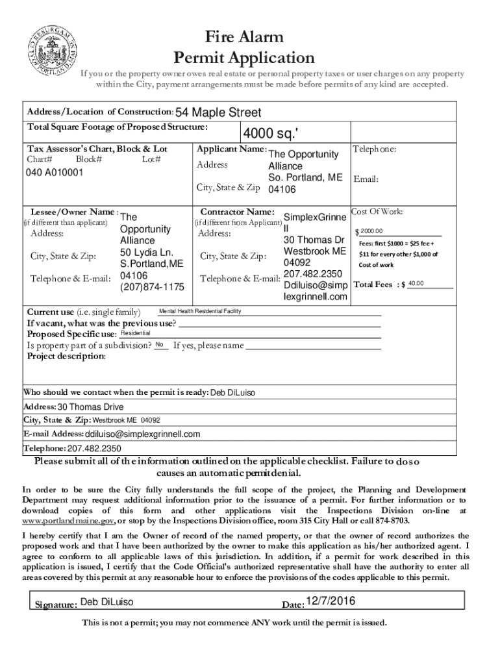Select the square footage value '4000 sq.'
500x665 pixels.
pyautogui.click(x=271, y=134)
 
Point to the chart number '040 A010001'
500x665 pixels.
pyautogui.click(x=55, y=173)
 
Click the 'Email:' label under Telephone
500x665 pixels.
pyautogui.click(x=366, y=180)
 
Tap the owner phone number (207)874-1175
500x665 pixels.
pyautogui.click(x=152, y=287)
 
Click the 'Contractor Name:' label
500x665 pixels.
pyautogui.click(x=237, y=212)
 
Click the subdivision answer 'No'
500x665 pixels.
pyautogui.click(x=159, y=344)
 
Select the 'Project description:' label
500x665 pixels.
pyautogui.click(x=66, y=357)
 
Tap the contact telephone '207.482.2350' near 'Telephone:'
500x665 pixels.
pyautogui.click(x=94, y=448)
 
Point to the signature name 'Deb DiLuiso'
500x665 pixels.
pyautogui.click(x=107, y=603)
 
